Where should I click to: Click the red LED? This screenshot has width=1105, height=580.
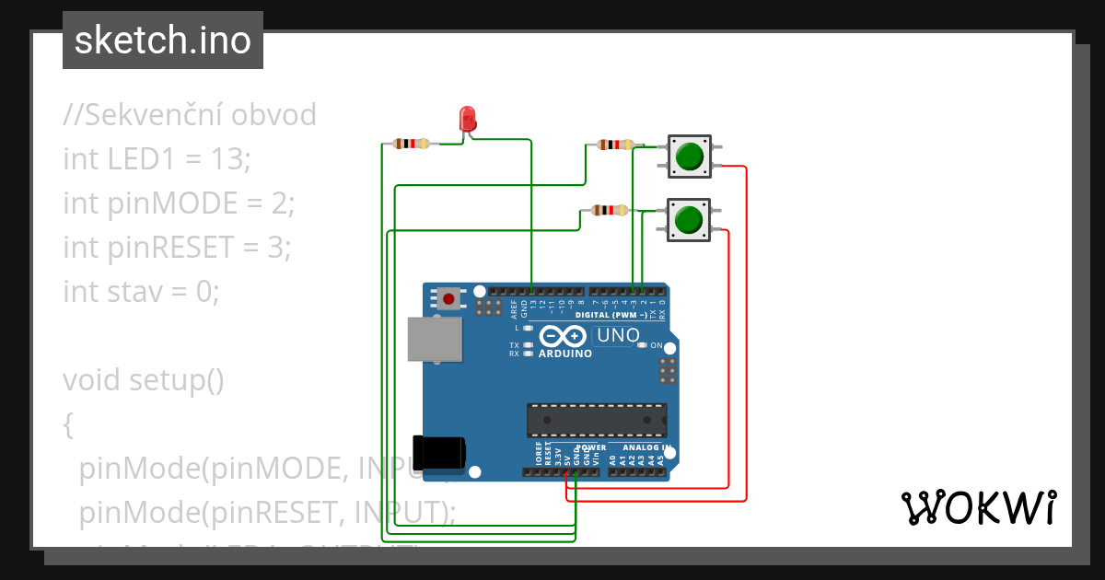tap(468, 119)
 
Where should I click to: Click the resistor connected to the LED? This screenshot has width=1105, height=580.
tap(411, 144)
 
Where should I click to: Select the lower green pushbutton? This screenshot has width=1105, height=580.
tap(688, 220)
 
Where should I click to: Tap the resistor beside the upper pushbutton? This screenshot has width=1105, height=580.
tap(614, 145)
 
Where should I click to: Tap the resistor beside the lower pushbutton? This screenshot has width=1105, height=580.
tap(609, 210)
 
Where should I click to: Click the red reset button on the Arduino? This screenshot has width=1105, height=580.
tap(449, 298)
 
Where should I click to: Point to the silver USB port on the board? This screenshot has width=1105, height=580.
tap(435, 339)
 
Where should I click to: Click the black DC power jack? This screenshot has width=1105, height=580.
tap(439, 452)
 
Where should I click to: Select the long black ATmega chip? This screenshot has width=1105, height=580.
tap(597, 420)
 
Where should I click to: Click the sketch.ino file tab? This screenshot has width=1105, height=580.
tap(163, 41)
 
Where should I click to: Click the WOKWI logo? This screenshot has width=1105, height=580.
tap(978, 507)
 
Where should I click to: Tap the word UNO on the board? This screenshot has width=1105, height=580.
tap(618, 336)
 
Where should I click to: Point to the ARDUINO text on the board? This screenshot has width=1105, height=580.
tap(565, 354)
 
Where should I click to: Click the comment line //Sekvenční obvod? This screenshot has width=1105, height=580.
tap(190, 115)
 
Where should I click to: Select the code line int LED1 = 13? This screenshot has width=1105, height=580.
tap(157, 159)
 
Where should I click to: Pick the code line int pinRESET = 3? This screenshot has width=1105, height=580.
tap(177, 248)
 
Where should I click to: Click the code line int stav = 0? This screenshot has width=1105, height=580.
tap(141, 292)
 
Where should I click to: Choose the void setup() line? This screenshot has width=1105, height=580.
tap(143, 379)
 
